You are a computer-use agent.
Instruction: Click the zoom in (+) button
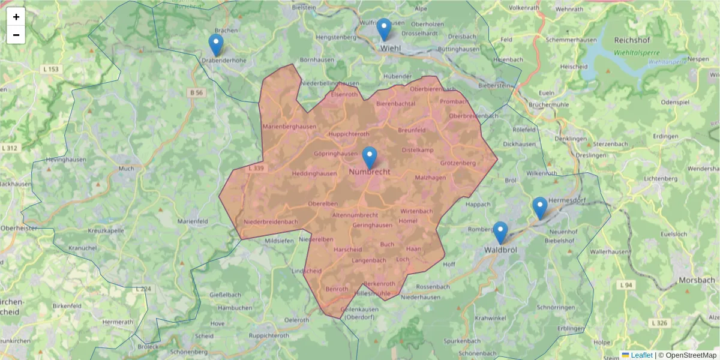(16, 17)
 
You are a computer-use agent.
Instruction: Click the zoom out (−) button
(16, 35)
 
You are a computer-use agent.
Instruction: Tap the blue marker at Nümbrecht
(370, 158)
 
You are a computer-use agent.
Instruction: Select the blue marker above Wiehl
(383, 29)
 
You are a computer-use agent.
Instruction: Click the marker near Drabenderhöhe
(216, 45)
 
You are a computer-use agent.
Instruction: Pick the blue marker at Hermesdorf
(540, 208)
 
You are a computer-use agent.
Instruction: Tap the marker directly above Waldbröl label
(500, 233)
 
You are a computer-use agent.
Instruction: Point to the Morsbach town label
(697, 280)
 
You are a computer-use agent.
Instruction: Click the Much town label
(127, 169)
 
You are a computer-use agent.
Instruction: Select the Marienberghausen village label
(290, 126)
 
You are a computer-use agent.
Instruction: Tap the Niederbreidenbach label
(271, 222)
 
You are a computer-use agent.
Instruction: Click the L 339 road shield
(256, 169)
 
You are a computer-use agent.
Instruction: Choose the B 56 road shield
(196, 92)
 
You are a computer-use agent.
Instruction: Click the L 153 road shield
(52, 70)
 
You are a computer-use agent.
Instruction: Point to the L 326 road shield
(659, 323)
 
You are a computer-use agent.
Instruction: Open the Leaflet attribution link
(641, 355)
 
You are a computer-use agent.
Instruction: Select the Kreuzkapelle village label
(106, 230)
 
